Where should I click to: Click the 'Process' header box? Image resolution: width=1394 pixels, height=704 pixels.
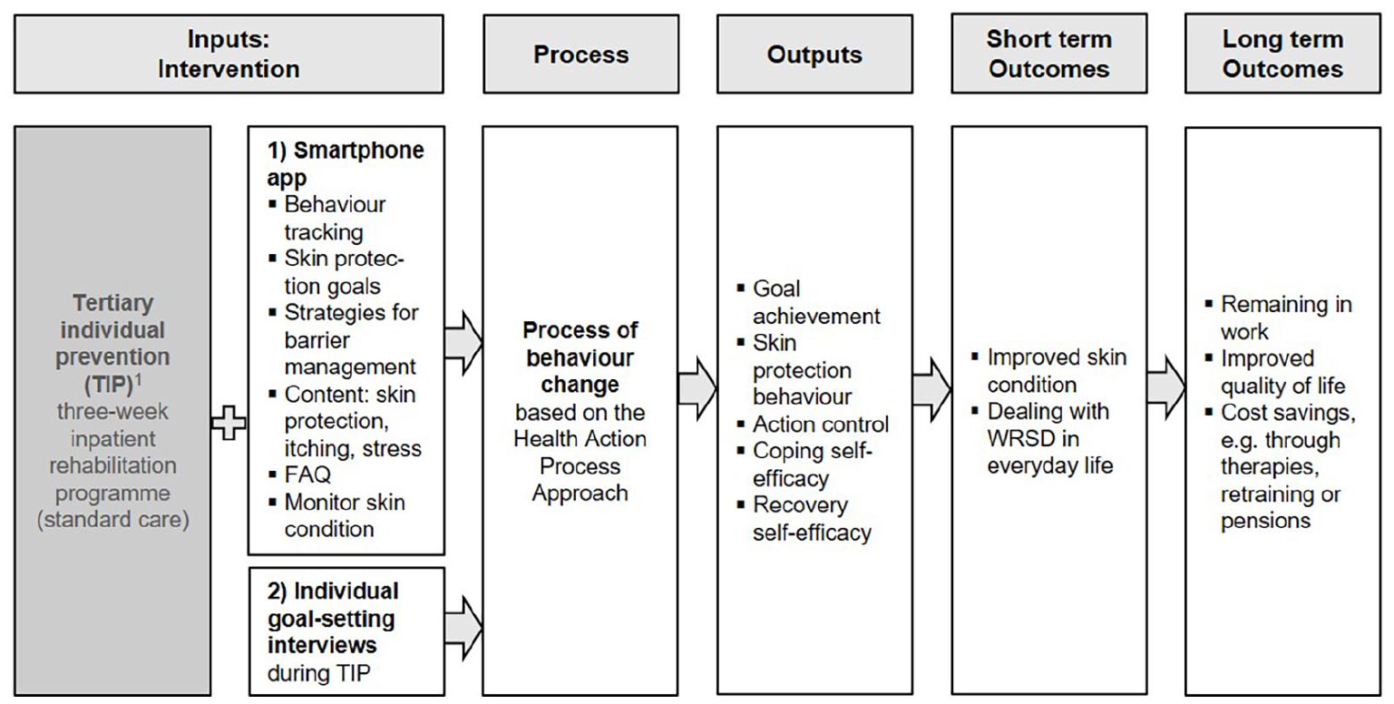pos(580,54)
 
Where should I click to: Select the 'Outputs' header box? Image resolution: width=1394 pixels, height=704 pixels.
pos(814,54)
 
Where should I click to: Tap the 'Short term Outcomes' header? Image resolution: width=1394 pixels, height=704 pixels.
pos(1048,54)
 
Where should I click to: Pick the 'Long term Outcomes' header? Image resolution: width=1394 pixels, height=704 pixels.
pos(1282,54)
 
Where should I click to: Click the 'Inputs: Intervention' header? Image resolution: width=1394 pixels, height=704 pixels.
pos(229,54)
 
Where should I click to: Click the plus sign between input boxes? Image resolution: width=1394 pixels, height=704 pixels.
pos(229,423)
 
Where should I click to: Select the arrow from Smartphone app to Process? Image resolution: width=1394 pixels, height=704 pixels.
pos(463,343)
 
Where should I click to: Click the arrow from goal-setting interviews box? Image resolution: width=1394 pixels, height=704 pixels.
pos(463,628)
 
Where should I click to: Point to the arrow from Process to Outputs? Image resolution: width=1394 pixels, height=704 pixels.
pos(697,390)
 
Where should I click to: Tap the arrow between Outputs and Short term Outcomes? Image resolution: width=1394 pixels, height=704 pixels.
pos(931,390)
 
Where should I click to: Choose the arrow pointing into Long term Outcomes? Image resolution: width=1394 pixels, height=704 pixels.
pos(1165,388)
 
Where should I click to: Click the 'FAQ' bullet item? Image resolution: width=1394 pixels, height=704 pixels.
pos(300,475)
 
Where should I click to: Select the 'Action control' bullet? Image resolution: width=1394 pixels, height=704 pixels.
pos(814,425)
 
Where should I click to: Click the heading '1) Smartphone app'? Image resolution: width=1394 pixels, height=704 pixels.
pos(346,163)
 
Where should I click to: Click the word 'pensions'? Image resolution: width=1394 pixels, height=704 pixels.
pos(1265,521)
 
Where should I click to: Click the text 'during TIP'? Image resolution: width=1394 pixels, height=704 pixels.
pos(318,673)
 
